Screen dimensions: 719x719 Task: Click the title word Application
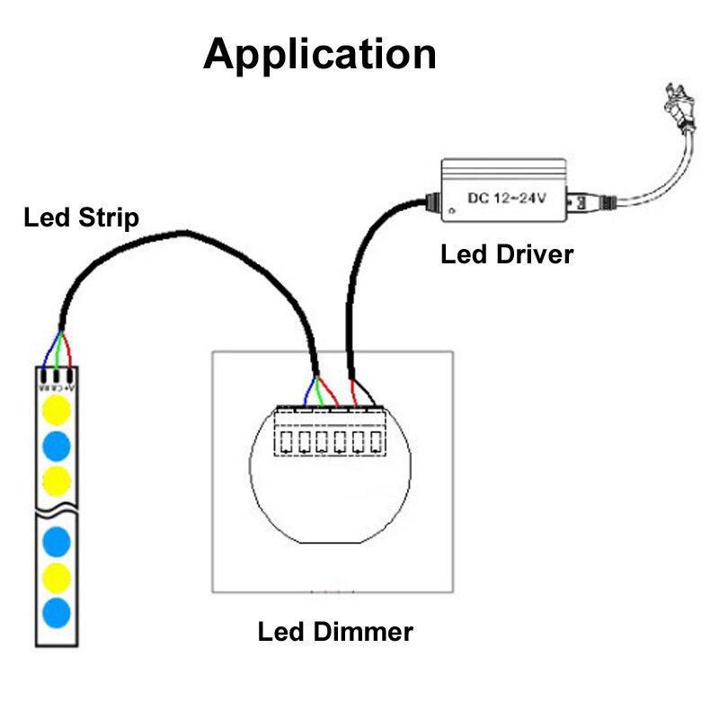pyautogui.click(x=320, y=54)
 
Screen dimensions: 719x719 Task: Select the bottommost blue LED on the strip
pyautogui.click(x=57, y=612)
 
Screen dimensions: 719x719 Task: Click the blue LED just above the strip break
pyautogui.click(x=57, y=444)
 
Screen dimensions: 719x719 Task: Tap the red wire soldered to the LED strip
pyautogui.click(x=67, y=354)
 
